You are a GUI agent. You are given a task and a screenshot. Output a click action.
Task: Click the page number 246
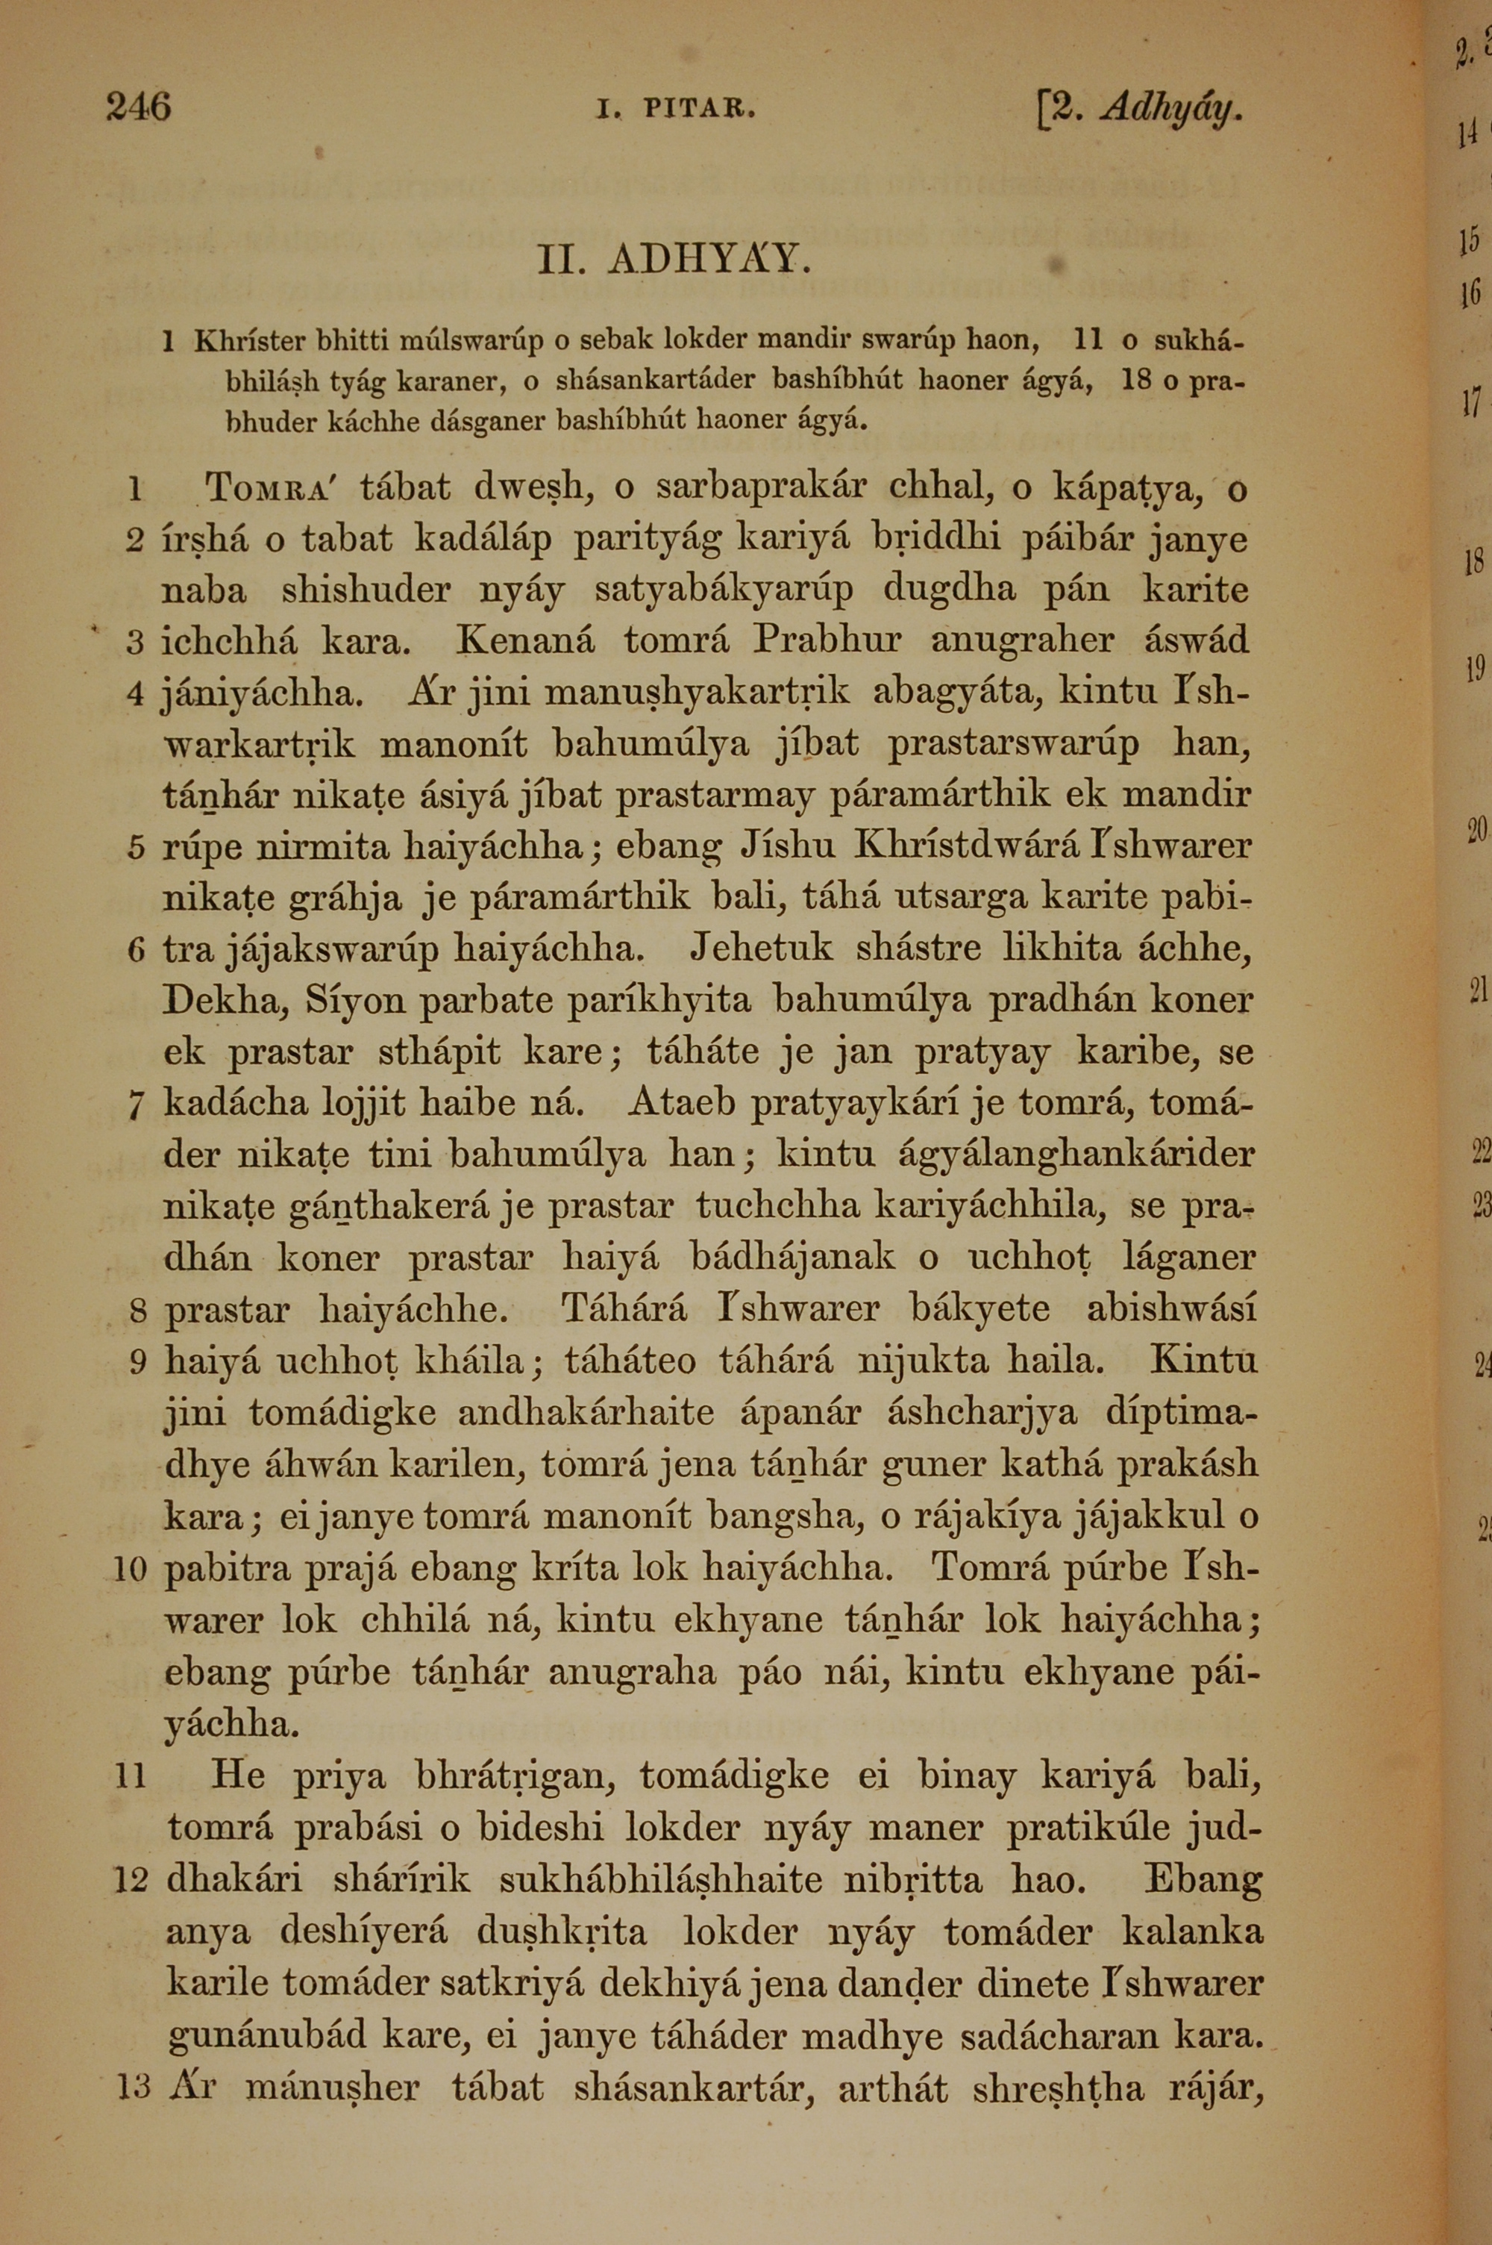click(x=138, y=107)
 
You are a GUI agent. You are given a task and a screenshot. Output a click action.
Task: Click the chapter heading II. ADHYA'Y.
click(x=674, y=259)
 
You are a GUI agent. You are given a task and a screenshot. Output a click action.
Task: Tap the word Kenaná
click(x=525, y=640)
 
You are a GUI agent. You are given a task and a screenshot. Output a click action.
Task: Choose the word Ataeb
click(x=683, y=1103)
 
